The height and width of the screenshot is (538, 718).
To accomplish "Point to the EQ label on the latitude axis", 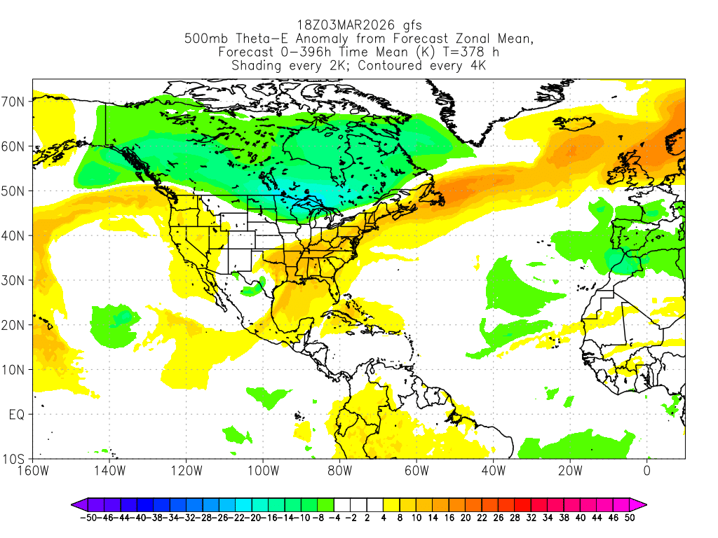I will tap(17, 415).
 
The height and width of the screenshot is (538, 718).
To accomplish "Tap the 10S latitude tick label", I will tap(15, 460).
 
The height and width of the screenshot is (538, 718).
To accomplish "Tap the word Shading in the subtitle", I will tap(257, 66).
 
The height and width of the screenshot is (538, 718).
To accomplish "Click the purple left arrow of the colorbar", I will tap(78, 504).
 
